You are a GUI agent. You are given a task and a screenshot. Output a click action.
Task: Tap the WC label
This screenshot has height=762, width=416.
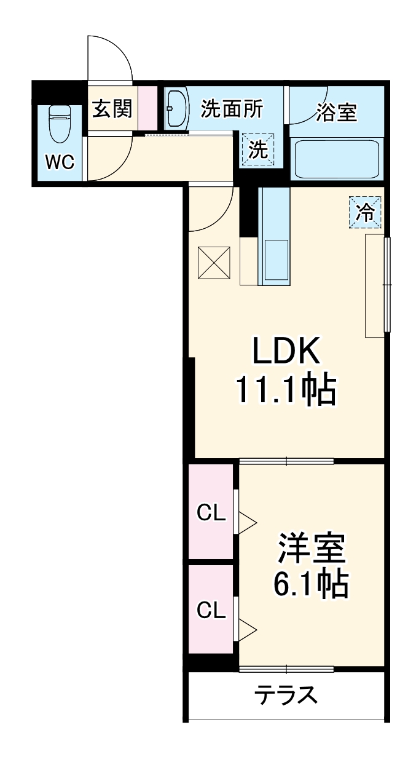tap(60, 162)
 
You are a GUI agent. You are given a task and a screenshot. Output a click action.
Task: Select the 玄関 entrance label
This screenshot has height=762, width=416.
tap(112, 109)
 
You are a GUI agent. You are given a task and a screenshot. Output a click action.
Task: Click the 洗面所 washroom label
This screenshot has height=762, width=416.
tap(232, 109)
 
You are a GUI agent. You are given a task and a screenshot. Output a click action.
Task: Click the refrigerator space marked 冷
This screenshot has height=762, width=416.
tap(365, 213)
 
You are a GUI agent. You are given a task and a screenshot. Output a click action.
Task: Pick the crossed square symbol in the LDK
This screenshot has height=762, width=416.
tap(214, 263)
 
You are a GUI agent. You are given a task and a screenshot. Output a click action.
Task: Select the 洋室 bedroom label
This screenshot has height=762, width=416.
tap(312, 549)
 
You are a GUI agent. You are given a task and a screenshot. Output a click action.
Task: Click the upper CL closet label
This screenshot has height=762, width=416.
tap(211, 512)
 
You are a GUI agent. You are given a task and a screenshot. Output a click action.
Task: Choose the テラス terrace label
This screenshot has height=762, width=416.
tap(286, 696)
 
